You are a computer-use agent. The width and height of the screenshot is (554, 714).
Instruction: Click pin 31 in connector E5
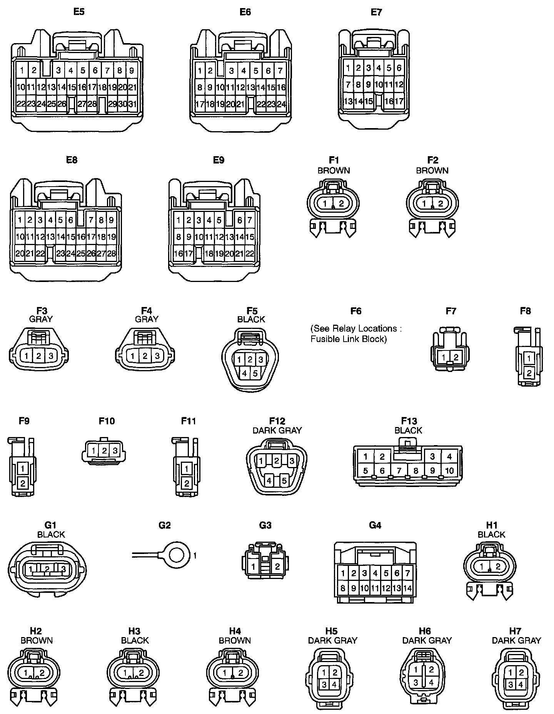click(x=132, y=104)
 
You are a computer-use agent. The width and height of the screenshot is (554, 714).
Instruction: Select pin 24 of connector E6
click(x=281, y=104)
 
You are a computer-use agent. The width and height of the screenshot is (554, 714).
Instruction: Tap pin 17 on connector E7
click(x=399, y=101)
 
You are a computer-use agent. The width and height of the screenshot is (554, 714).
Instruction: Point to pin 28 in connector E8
click(x=111, y=254)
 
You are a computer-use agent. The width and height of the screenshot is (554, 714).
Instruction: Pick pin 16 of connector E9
click(x=178, y=254)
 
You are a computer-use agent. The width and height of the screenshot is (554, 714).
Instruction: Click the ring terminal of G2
click(x=178, y=555)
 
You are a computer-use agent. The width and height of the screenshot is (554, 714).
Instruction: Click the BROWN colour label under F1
click(x=334, y=170)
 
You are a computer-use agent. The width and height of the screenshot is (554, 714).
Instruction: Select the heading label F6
click(x=356, y=311)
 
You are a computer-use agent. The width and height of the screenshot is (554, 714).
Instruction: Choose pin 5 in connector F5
click(x=255, y=373)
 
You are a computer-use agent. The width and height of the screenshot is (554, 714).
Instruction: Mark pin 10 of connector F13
click(x=449, y=470)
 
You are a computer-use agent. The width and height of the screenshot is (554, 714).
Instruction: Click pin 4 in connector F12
click(x=269, y=480)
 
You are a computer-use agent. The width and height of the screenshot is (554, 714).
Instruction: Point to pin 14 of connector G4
click(x=407, y=588)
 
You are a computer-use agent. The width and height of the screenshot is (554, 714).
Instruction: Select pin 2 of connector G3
click(x=277, y=566)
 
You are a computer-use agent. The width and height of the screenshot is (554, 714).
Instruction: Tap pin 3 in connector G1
click(x=63, y=569)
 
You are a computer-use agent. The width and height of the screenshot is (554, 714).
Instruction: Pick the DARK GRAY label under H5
click(x=332, y=641)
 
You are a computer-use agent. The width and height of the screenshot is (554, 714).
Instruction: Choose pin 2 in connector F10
click(x=104, y=450)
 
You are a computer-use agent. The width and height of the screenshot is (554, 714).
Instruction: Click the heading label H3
click(x=134, y=631)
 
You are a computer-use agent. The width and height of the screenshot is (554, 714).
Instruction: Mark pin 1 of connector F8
click(x=529, y=359)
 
